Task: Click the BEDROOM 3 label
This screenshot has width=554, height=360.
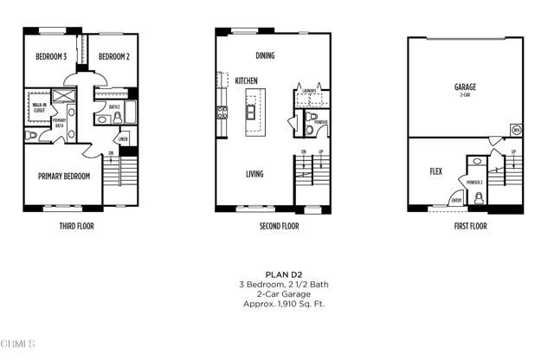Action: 51,57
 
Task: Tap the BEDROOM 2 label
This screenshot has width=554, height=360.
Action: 113,57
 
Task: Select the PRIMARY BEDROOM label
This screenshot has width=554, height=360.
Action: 65,176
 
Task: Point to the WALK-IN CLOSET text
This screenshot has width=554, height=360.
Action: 38,107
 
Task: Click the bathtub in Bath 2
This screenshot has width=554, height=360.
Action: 130,111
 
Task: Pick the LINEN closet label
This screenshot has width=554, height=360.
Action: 123,138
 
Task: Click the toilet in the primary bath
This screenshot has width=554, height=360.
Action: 32,135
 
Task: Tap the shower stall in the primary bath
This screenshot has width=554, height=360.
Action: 66,96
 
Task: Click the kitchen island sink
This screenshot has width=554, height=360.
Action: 251,112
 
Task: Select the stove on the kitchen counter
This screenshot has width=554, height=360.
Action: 222,112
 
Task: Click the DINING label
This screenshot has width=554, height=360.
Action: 265,56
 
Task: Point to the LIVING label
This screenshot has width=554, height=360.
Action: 254,174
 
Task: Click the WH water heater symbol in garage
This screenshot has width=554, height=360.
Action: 516,130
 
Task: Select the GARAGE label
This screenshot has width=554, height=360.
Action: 465,87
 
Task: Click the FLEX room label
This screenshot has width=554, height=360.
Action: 435,171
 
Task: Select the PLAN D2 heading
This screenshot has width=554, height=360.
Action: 283,273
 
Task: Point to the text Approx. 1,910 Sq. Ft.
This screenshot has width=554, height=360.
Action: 283,304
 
